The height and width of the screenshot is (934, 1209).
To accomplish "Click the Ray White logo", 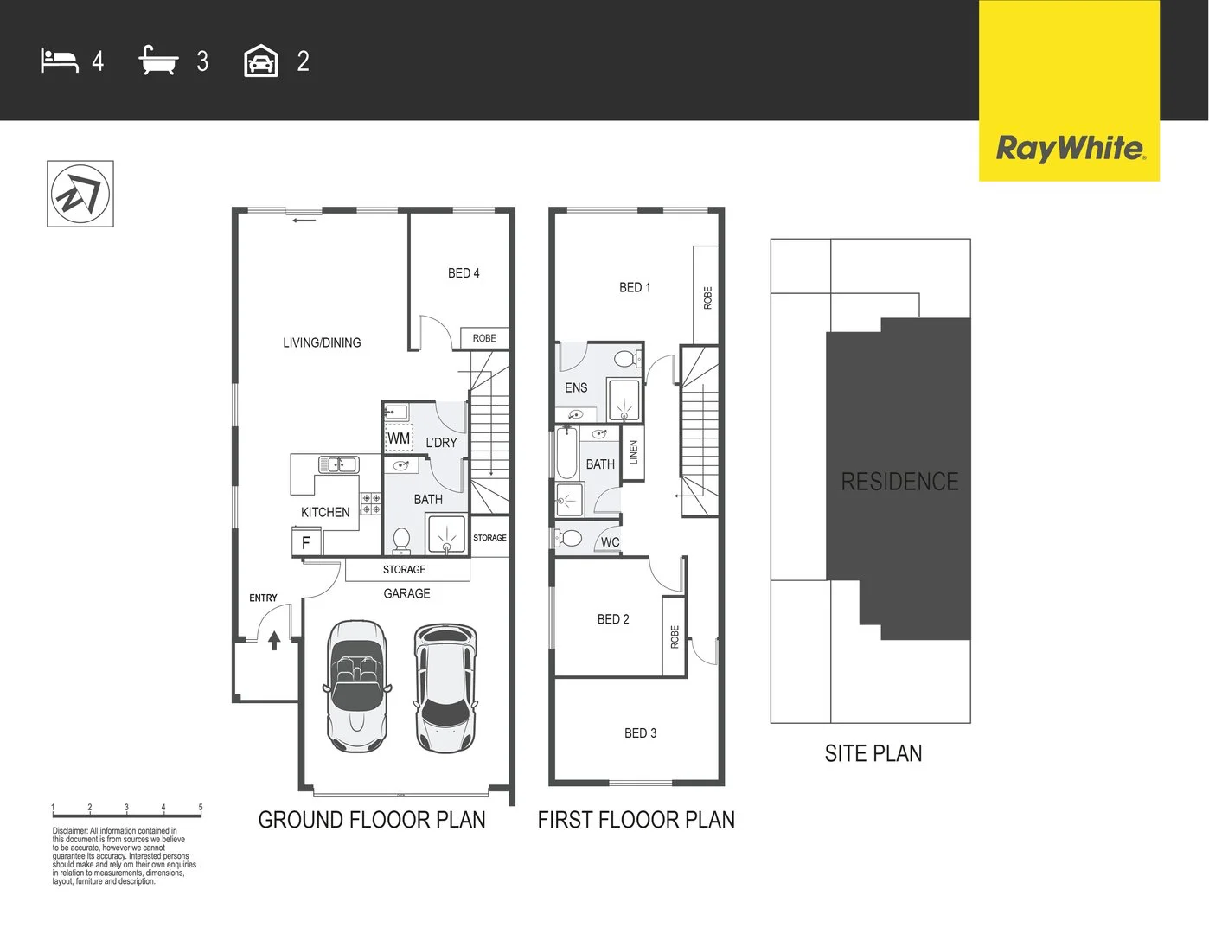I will coord(1070,148).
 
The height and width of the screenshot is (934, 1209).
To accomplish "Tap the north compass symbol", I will coord(80,194).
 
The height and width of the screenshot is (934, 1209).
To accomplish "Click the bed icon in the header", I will coord(60,61).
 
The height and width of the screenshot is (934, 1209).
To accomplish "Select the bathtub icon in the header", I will coord(158,61).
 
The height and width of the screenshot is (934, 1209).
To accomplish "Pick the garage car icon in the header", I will coord(261,61).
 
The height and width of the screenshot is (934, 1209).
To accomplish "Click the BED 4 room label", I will coord(464,273).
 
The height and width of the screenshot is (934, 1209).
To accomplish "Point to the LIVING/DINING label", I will coord(322,342).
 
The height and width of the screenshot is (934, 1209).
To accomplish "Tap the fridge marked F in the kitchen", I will coord(305,543).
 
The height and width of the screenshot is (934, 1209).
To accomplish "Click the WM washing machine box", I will coord(399,438).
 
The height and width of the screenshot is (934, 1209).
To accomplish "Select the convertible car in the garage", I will coord(357,685).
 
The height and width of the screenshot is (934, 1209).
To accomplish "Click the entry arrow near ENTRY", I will coord(274,640).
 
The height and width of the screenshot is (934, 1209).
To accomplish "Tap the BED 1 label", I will coord(635,287).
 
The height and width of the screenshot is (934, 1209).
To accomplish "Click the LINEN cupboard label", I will coord(633,452).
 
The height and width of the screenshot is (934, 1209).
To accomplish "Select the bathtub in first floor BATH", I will coord(566,454).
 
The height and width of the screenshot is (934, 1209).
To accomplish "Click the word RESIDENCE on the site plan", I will coord(899,482).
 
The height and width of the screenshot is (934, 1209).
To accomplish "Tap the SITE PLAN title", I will coord(873,753).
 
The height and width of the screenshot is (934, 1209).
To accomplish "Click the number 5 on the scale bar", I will coord(201,807).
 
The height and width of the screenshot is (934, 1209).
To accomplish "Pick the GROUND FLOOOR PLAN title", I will coord(372,820).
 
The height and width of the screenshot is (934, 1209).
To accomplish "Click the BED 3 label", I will coord(640,733).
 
